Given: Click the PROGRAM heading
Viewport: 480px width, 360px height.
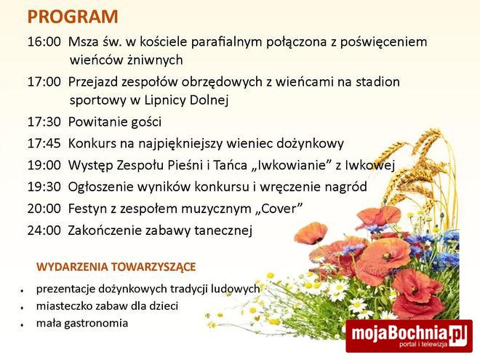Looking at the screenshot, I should click(73, 17).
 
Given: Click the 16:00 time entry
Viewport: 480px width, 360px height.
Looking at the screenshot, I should click(44, 42).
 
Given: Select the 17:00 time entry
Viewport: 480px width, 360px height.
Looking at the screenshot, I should click(44, 82).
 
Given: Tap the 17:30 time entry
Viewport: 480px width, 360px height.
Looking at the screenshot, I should click(44, 122).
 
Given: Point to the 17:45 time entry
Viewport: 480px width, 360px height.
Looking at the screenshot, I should click(44, 144).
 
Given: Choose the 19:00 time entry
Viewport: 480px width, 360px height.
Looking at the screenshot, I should click(44, 166).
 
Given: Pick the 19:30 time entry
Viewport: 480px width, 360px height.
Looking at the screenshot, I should click(44, 188).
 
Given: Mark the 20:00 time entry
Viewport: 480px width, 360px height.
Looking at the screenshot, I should click(44, 209).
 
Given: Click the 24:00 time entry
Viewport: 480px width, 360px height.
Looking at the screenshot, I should click(44, 231).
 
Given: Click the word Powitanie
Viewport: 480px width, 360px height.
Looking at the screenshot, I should click(97, 122).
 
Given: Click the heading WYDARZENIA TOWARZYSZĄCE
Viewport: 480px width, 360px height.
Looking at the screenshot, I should click(116, 267).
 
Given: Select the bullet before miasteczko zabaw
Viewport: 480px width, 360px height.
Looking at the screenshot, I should click(23, 307).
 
